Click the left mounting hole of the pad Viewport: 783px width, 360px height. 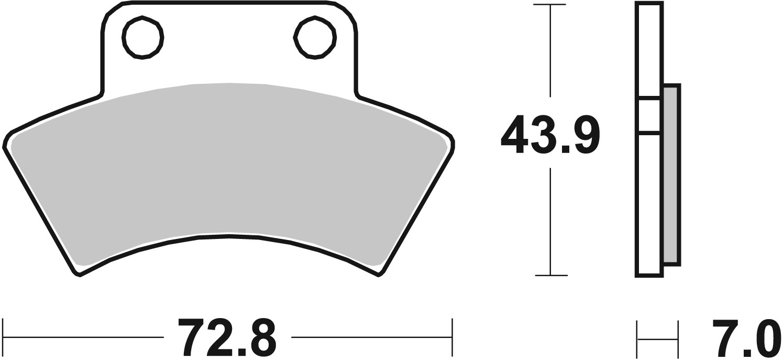tap(142, 38)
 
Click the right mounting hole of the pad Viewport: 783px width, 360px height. tap(314, 38)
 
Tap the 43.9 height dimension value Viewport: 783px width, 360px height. tap(549, 136)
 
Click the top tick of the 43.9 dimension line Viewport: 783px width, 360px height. tap(549, 5)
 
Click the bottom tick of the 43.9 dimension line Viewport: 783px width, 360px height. tap(549, 275)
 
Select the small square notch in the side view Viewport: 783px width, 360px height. tap(649, 114)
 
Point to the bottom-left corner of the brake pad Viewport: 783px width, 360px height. tap(79, 273)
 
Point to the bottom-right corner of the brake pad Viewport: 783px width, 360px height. tap(379, 273)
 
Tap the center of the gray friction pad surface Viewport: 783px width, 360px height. tap(228, 162)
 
